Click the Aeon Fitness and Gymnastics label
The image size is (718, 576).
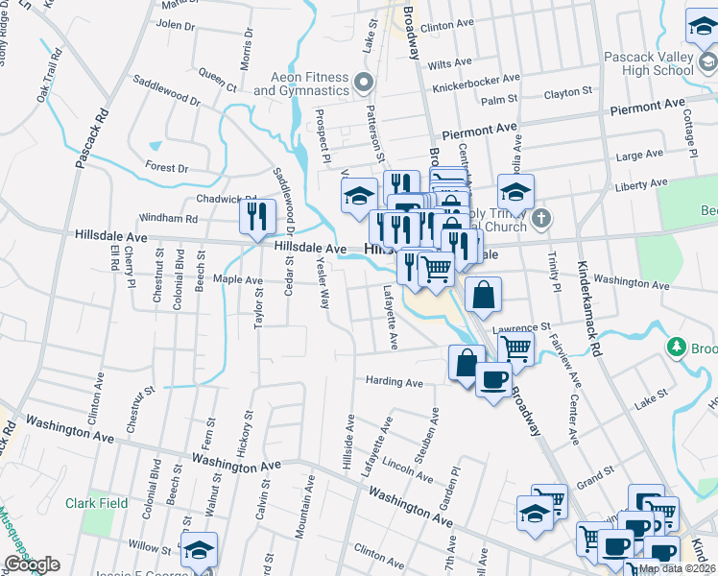[288, 83]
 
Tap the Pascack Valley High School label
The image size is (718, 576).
[648, 63]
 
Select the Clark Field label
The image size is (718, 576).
[97, 503]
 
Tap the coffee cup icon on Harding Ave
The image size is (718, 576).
[493, 380]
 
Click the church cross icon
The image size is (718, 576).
[541, 218]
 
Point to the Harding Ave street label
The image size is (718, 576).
[394, 382]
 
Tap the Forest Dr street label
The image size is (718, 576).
[167, 167]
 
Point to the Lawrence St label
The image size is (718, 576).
[522, 328]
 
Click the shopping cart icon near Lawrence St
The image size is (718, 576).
[516, 349]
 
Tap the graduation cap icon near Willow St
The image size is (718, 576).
[200, 550]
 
